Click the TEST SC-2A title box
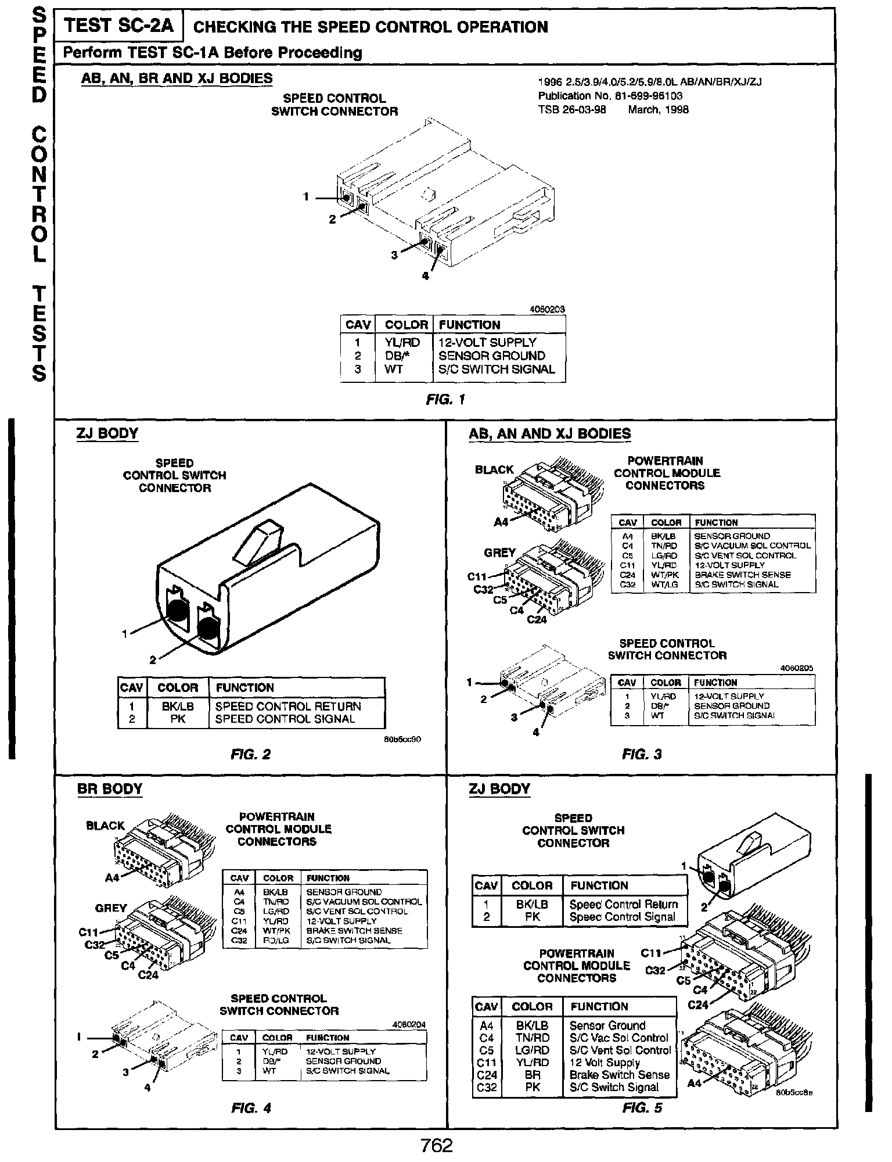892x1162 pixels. click(x=118, y=26)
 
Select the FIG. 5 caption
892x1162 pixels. click(x=642, y=1108)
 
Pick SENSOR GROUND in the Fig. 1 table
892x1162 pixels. click(x=491, y=356)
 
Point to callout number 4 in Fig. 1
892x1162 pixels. click(x=425, y=277)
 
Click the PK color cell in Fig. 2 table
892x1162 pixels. click(x=178, y=719)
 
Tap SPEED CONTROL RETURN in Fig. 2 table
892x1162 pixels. click(x=288, y=706)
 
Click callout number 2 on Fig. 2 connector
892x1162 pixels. click(x=153, y=659)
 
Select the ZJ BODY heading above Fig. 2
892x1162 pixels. click(x=107, y=433)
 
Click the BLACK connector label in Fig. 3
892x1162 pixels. click(x=494, y=469)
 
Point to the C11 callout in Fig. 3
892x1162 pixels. click(x=477, y=577)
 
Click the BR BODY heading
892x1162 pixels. click(x=110, y=789)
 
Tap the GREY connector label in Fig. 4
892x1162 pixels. click(x=110, y=908)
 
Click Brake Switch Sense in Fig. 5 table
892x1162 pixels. click(x=620, y=1075)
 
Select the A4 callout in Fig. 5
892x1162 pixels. click(x=695, y=1084)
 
